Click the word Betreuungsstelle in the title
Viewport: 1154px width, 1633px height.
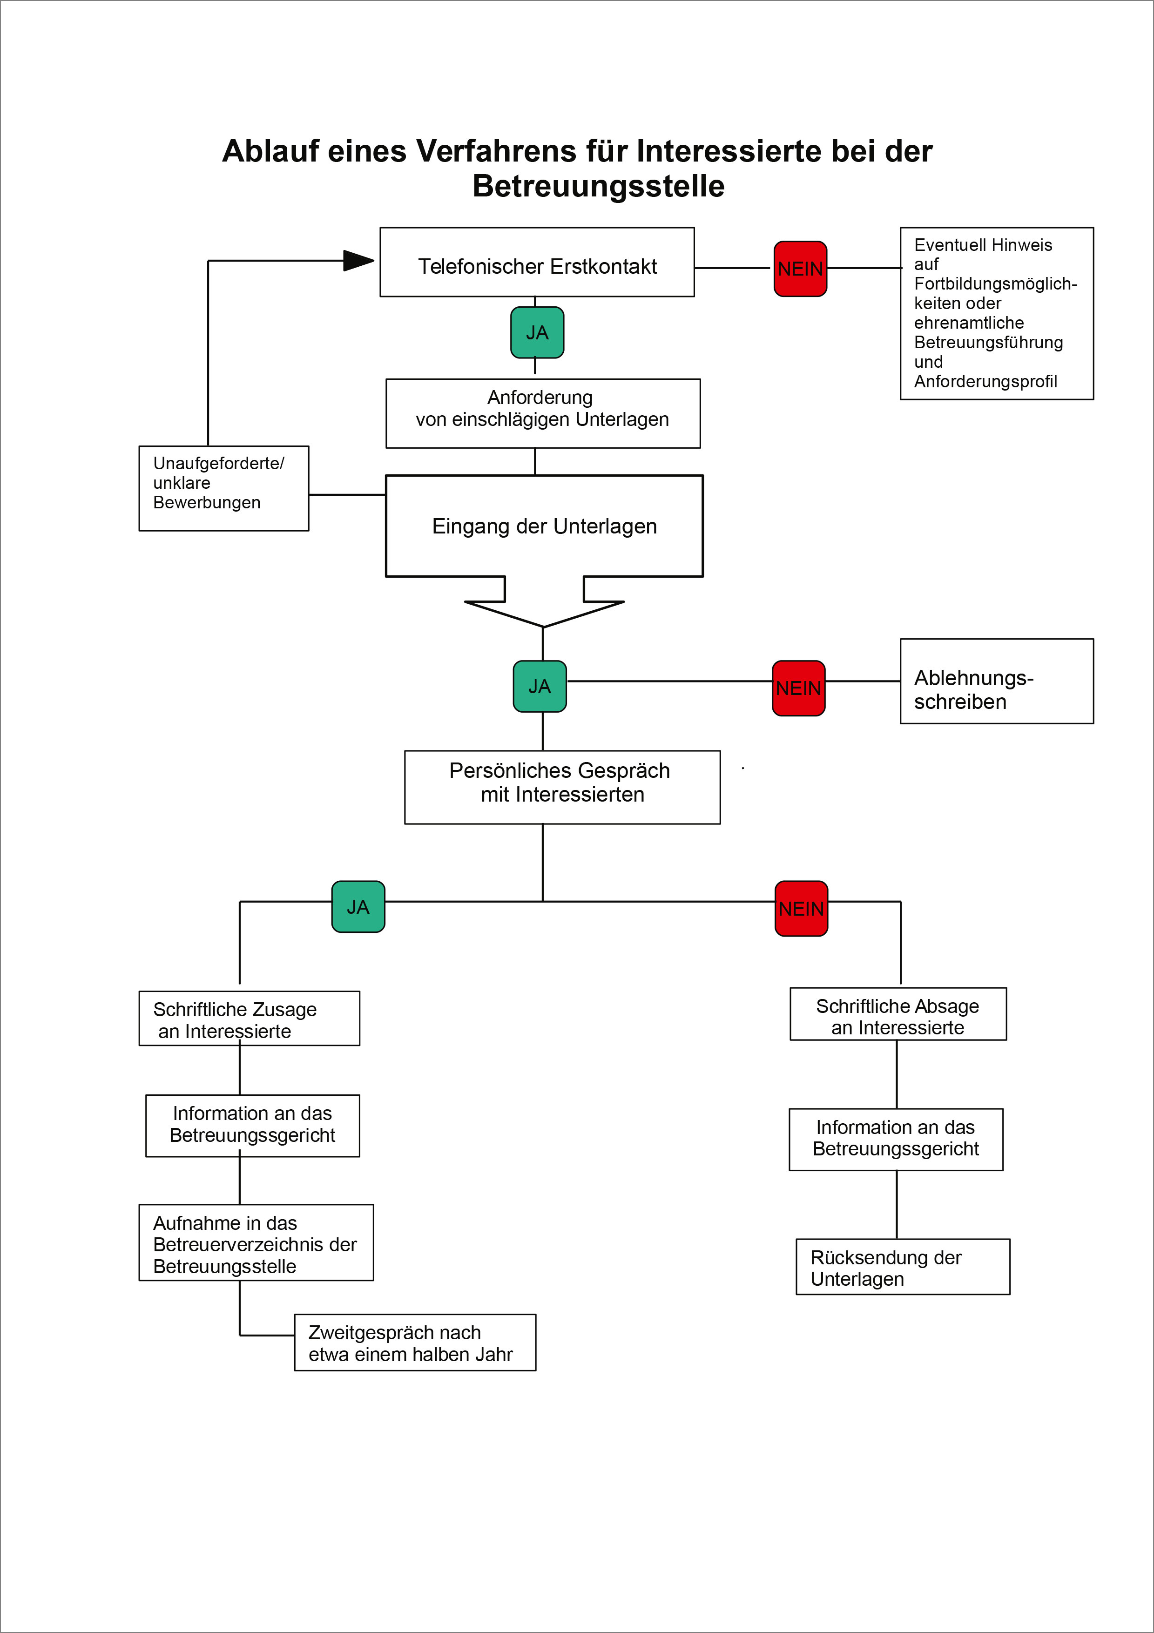(x=598, y=186)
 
